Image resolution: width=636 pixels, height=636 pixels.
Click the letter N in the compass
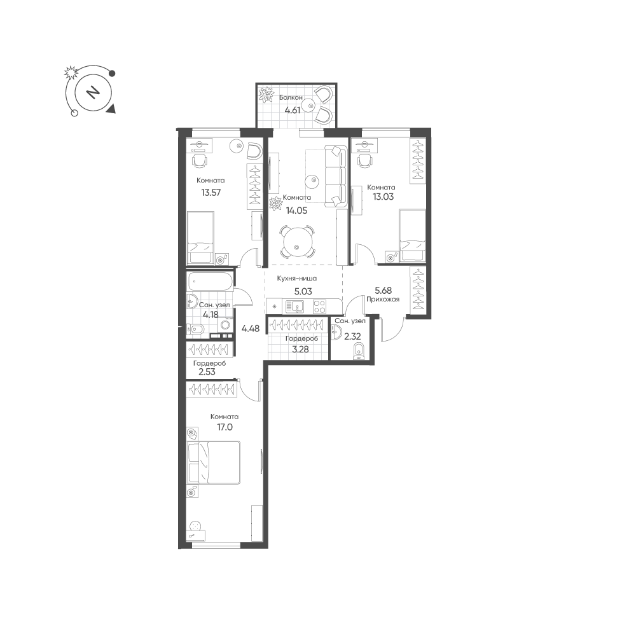point(93,93)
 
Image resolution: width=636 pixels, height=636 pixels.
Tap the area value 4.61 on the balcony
point(292,110)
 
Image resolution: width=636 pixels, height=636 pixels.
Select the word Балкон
point(291,97)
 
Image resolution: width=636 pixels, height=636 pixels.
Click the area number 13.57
point(211,192)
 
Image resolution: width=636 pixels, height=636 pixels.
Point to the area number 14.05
point(296,211)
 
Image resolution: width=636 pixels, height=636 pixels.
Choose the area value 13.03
point(384,197)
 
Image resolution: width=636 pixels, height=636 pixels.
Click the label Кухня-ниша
point(297,279)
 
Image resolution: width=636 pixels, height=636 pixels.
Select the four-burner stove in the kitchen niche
point(319,307)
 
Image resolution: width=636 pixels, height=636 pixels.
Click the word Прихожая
point(383,300)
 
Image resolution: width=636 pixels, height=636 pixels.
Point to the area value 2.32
point(352,336)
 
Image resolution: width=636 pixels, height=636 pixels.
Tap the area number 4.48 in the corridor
point(250,329)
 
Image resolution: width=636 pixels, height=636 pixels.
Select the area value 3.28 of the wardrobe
point(300,349)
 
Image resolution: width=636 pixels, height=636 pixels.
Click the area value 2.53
point(207,371)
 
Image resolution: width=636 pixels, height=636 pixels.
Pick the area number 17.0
point(225,427)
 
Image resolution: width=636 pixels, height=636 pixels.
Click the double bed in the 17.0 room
point(214,463)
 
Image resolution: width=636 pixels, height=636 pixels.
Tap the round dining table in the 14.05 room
point(297,242)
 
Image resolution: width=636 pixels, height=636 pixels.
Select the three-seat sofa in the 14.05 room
point(335,177)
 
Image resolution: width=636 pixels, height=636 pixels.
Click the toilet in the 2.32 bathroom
point(358,351)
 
